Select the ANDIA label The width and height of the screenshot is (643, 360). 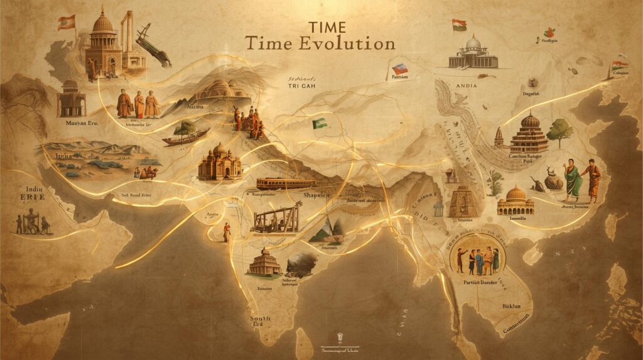[467, 85]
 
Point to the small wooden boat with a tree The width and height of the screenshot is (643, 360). [186, 136]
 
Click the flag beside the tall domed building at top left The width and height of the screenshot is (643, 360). [66, 23]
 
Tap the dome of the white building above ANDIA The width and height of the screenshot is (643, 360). [473, 43]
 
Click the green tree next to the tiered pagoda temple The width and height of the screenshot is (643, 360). [559, 131]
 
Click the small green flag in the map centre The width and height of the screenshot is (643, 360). [319, 123]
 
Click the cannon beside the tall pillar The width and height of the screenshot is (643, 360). [153, 44]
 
